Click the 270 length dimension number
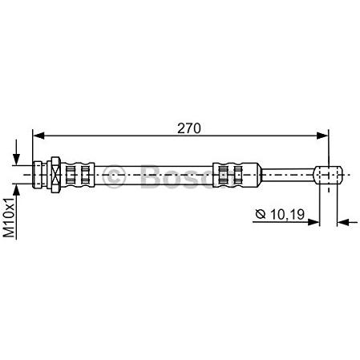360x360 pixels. coord(189,128)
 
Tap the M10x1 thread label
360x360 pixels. coord(10,218)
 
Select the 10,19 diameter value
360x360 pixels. coord(287,214)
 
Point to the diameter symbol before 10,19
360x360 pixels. coord(261,214)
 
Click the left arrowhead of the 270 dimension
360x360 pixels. coord(38,136)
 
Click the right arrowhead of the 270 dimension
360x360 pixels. coord(322,136)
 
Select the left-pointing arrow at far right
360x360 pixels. coord(347,222)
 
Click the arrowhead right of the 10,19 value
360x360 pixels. coord(313,222)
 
